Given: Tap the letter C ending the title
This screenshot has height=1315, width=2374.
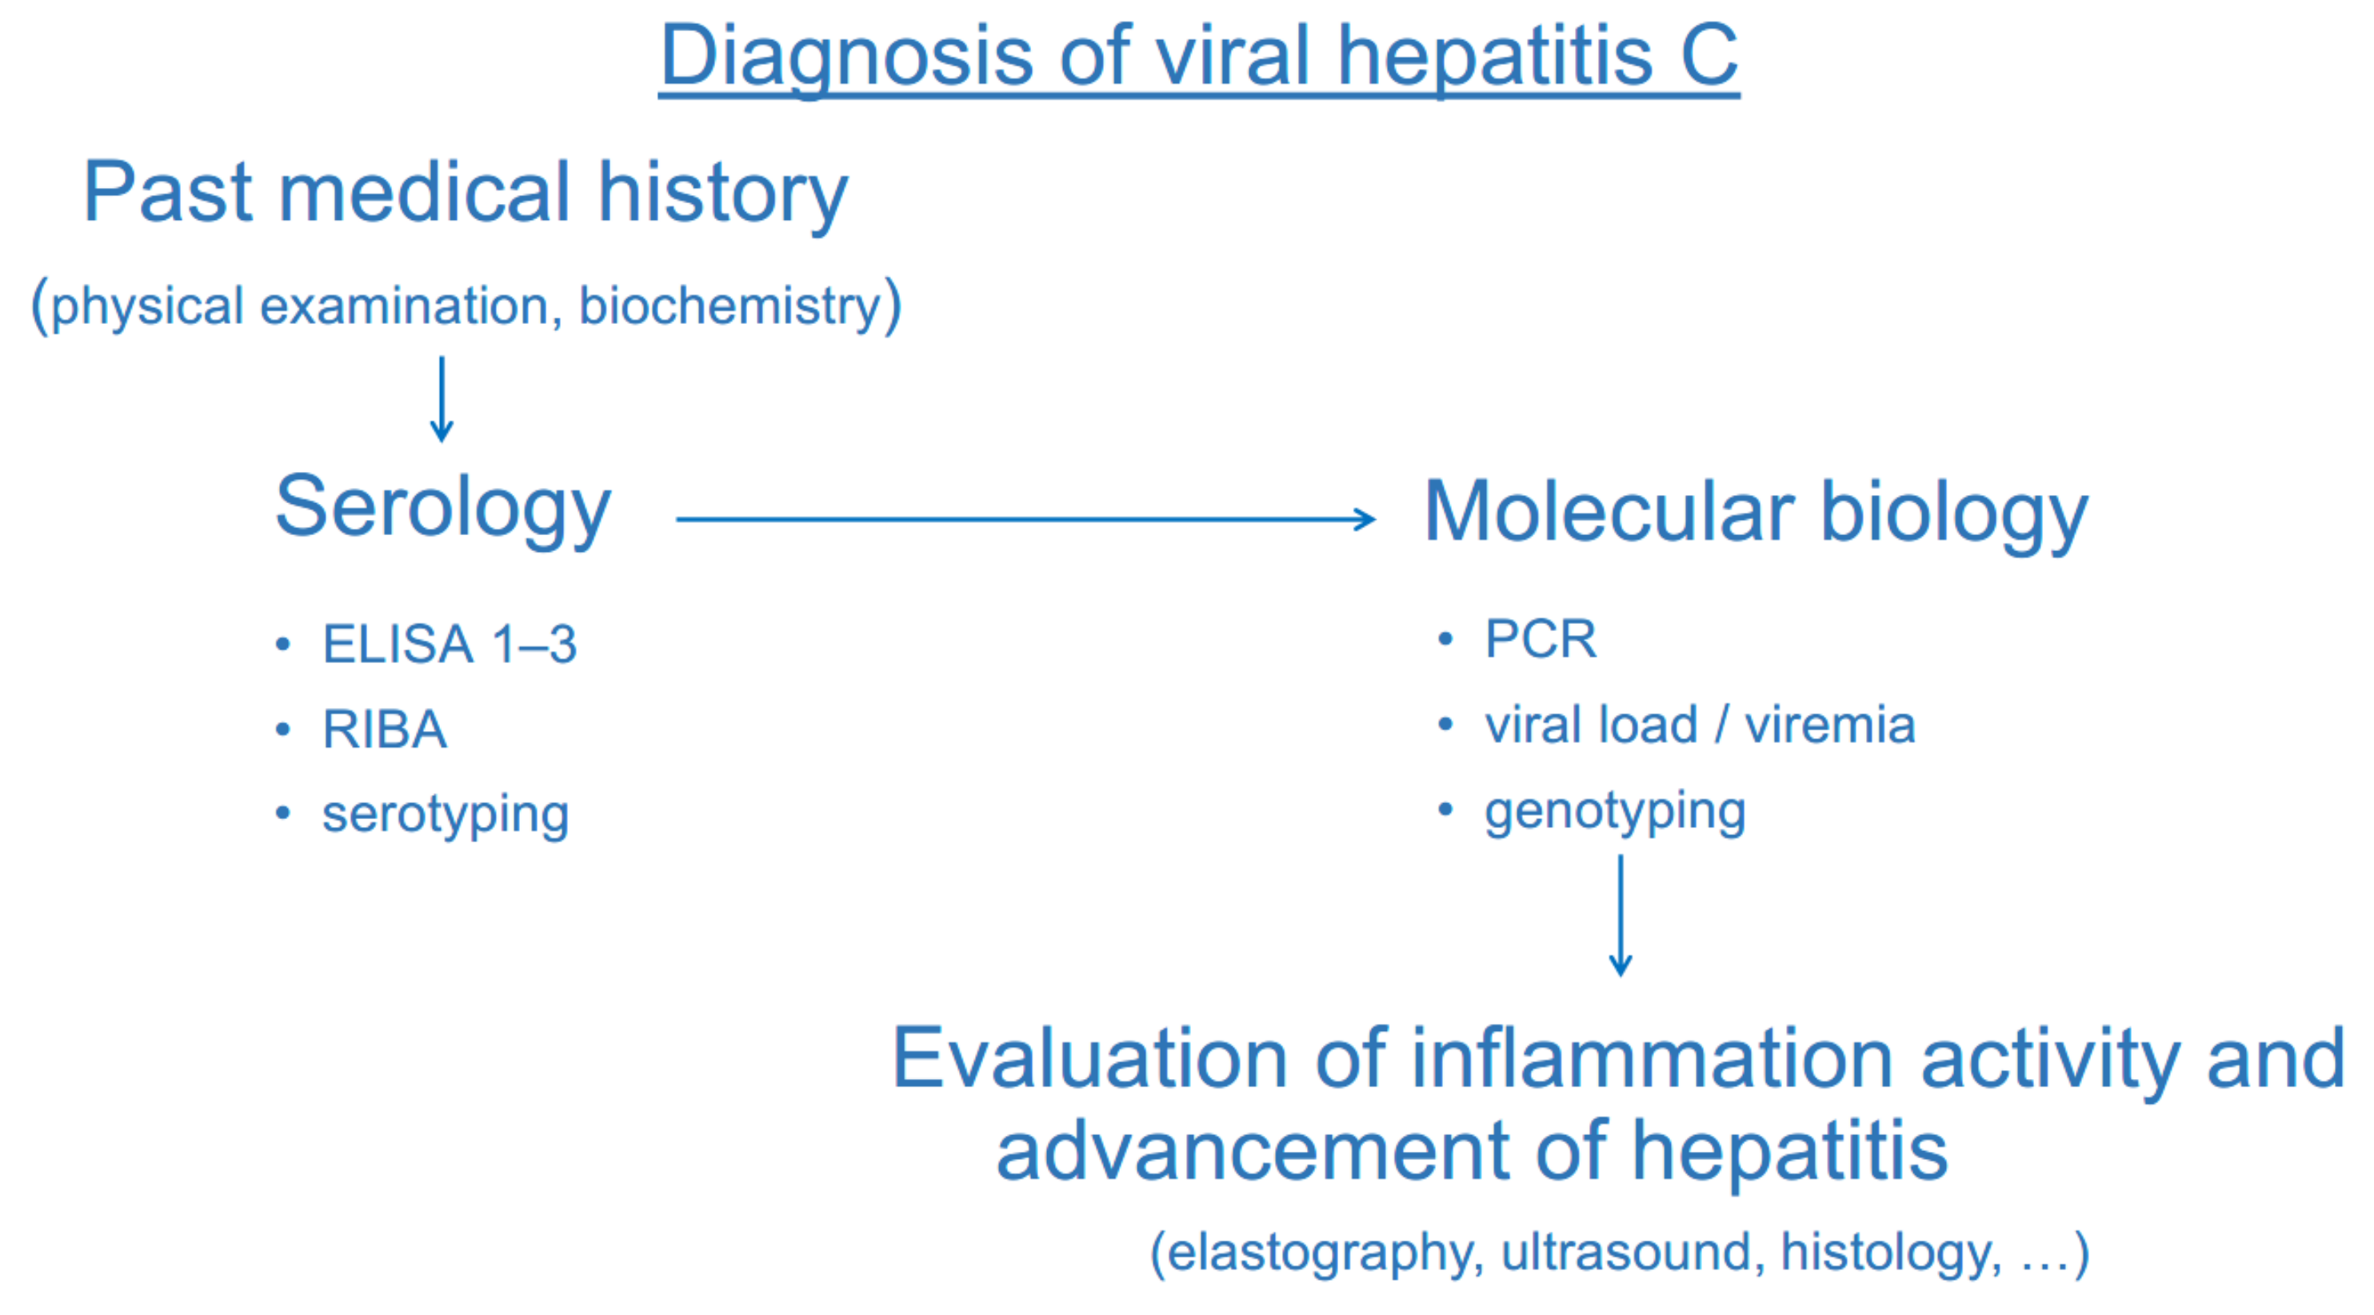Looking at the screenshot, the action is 1709,56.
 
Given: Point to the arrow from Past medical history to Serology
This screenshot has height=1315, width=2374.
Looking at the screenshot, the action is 442,399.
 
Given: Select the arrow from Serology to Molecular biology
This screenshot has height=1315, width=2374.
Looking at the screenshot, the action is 1025,519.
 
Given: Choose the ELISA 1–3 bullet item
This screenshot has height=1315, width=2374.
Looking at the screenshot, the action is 449,643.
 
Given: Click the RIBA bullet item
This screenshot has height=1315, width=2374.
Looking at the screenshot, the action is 384,729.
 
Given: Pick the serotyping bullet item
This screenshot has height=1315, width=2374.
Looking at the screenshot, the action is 445,816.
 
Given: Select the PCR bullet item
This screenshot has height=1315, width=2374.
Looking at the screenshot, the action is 1540,638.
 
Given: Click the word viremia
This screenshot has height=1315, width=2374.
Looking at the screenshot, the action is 1829,725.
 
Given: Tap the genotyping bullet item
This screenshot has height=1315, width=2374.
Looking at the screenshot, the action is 1615,812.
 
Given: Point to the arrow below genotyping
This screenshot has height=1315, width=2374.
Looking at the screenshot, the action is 1621,915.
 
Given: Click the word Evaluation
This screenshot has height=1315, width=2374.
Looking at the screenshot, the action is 1090,1059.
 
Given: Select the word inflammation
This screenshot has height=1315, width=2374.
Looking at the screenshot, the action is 1652,1059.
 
